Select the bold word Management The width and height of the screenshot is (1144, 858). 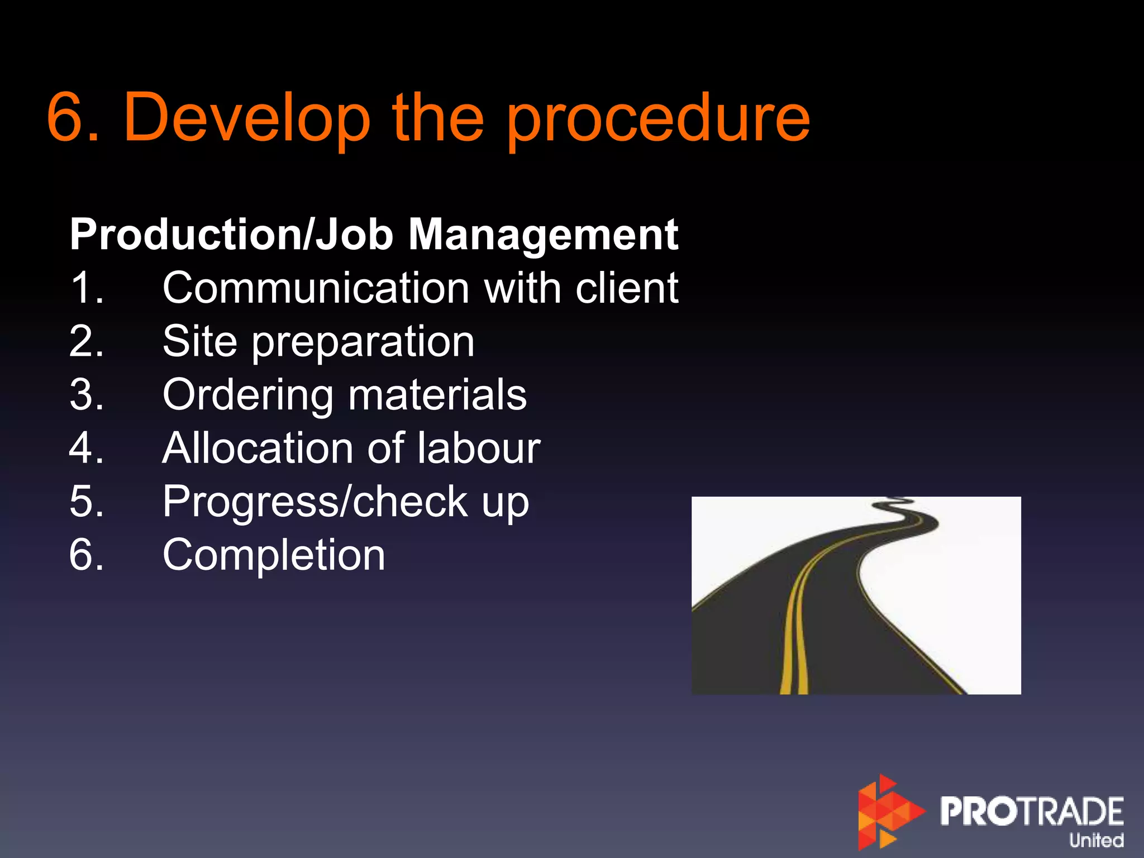tap(543, 235)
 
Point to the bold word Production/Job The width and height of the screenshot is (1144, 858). tap(232, 235)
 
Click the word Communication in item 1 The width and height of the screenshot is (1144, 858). tap(316, 288)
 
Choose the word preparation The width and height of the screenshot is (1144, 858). tap(363, 342)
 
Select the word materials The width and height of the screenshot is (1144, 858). tap(437, 394)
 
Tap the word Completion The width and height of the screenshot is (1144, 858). tap(274, 556)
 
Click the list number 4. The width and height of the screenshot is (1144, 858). tap(85, 448)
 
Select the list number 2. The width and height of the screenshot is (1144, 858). tap(85, 341)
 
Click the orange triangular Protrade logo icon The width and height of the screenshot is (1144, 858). tap(888, 812)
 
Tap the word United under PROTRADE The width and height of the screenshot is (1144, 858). tap(1096, 840)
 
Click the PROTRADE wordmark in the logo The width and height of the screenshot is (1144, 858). tap(1032, 811)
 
